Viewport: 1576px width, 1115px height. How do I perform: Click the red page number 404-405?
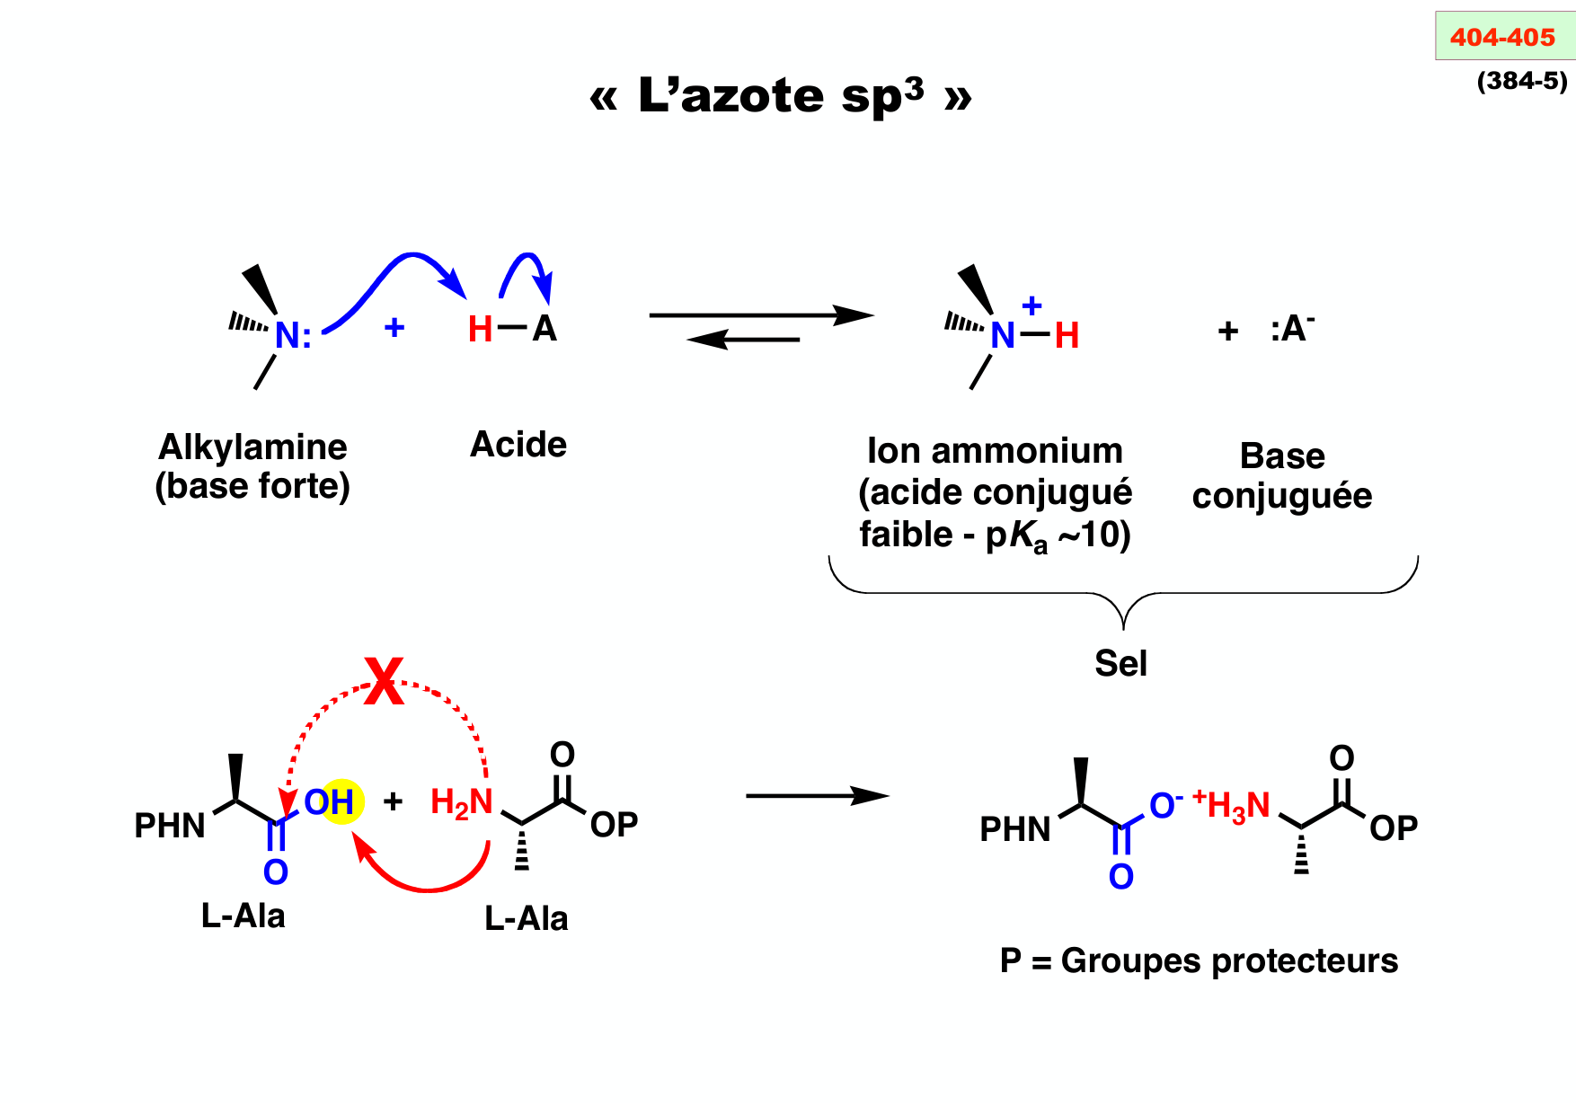point(1502,38)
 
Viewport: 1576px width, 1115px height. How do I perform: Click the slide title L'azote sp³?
point(780,95)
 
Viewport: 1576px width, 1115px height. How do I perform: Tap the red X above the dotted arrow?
point(384,681)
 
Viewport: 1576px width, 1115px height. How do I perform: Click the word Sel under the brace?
point(1120,663)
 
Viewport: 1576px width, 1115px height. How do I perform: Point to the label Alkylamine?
point(252,447)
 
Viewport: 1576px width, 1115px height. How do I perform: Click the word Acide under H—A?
point(518,445)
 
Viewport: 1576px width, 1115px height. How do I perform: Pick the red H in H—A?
point(480,330)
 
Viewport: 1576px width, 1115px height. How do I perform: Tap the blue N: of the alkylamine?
point(292,335)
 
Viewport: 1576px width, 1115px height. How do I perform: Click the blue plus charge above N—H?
point(1031,305)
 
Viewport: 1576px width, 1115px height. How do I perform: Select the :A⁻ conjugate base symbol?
point(1292,329)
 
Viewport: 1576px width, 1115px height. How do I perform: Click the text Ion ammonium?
point(995,451)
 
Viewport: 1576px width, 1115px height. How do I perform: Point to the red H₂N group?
point(462,802)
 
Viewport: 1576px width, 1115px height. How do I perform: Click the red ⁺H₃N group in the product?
point(1232,806)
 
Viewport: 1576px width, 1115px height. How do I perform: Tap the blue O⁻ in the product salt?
point(1164,805)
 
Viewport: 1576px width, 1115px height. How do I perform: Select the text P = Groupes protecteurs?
point(1199,960)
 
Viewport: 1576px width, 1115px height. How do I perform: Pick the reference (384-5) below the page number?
point(1522,81)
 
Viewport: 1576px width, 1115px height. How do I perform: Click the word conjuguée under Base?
point(1282,496)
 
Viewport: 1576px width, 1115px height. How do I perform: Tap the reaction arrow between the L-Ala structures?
point(817,796)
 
